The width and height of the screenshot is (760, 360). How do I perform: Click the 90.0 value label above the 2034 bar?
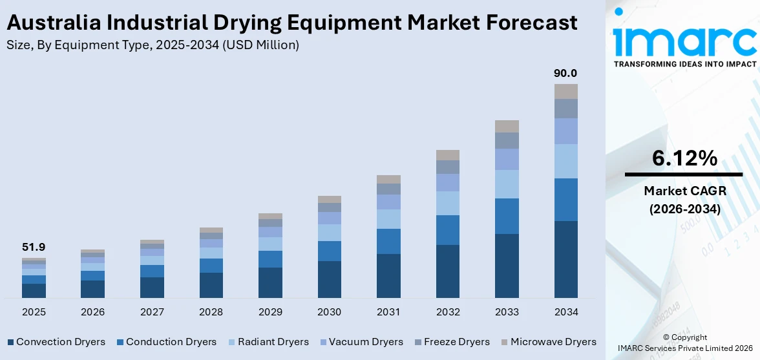pos(565,73)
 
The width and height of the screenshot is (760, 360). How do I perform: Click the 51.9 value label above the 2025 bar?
pos(34,247)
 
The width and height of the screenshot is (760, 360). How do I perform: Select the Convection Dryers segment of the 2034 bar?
pos(565,259)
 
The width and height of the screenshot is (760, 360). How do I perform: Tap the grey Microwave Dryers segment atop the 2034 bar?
pos(565,91)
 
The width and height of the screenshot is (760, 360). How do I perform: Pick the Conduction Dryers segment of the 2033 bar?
pos(507,216)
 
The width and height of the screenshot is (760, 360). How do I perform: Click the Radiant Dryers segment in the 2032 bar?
pos(447,203)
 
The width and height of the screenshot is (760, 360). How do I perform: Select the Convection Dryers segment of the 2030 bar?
pos(329,279)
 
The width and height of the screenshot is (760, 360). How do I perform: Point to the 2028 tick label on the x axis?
pos(211,312)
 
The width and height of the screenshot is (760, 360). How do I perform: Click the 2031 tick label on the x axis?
pos(388,312)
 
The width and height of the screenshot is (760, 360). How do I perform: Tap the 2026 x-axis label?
pos(92,312)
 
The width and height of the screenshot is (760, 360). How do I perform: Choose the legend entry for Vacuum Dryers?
pos(365,342)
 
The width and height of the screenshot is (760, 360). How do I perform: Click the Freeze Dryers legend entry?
pos(456,342)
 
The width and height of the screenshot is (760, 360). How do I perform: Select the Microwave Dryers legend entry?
pos(553,342)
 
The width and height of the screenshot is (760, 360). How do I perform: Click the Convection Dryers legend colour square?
pos(10,342)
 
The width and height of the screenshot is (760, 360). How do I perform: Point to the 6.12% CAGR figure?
pos(684,158)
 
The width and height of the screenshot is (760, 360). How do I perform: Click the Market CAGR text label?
pos(684,191)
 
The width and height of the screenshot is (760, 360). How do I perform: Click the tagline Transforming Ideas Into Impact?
pos(684,64)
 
